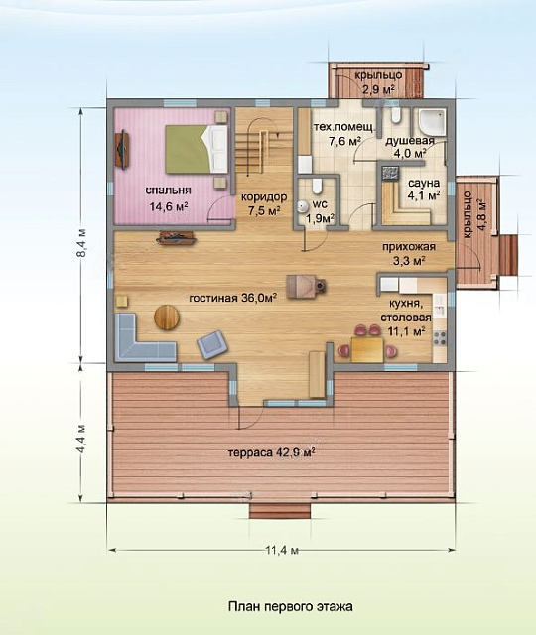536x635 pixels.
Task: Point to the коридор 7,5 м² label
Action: click(264, 204)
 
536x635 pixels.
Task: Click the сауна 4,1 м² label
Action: click(423, 189)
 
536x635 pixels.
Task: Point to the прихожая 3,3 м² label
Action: click(404, 254)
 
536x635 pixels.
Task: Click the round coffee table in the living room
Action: click(168, 317)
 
